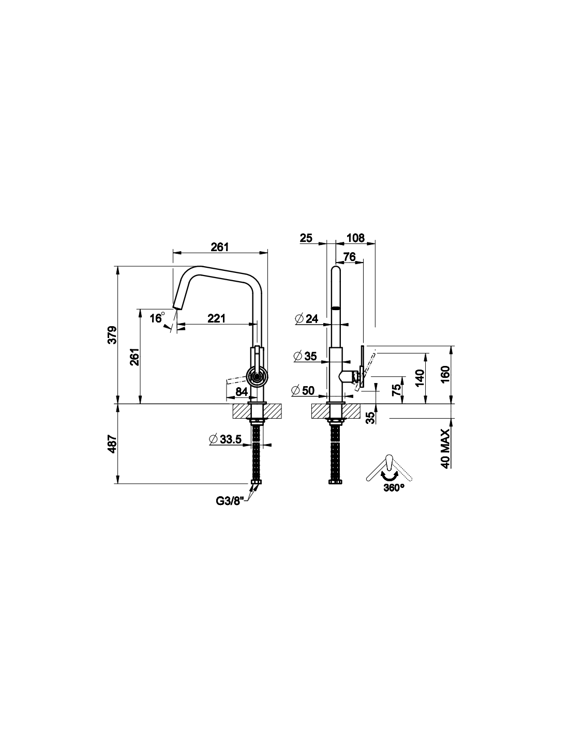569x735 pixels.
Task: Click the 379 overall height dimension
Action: pos(112,334)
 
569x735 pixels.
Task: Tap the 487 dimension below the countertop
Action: pos(112,444)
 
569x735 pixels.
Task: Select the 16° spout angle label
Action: pos(157,317)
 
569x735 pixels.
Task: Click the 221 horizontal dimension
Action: pos(216,318)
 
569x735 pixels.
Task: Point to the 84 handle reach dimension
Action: pos(242,391)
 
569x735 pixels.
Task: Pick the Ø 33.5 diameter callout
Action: pos(226,439)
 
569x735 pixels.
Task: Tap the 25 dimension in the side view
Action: pos(306,238)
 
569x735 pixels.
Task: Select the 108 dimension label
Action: pos(355,238)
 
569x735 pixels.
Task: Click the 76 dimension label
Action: pos(350,257)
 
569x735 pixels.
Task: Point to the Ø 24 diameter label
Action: pos(307,318)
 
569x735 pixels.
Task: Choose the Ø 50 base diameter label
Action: pos(303,391)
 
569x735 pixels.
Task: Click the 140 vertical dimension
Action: pos(420,378)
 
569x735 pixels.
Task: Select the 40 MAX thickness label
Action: pos(445,449)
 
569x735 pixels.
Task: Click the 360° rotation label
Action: pos(394,488)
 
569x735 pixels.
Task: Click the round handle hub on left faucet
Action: pos(258,376)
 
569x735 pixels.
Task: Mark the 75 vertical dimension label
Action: pos(396,390)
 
